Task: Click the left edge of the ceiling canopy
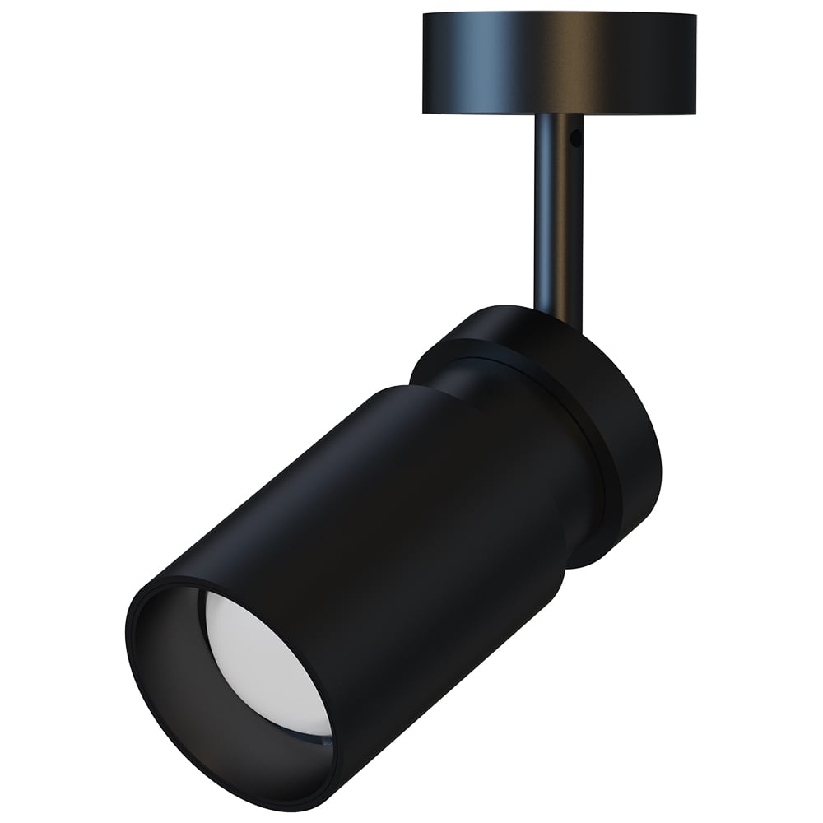[423, 62]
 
